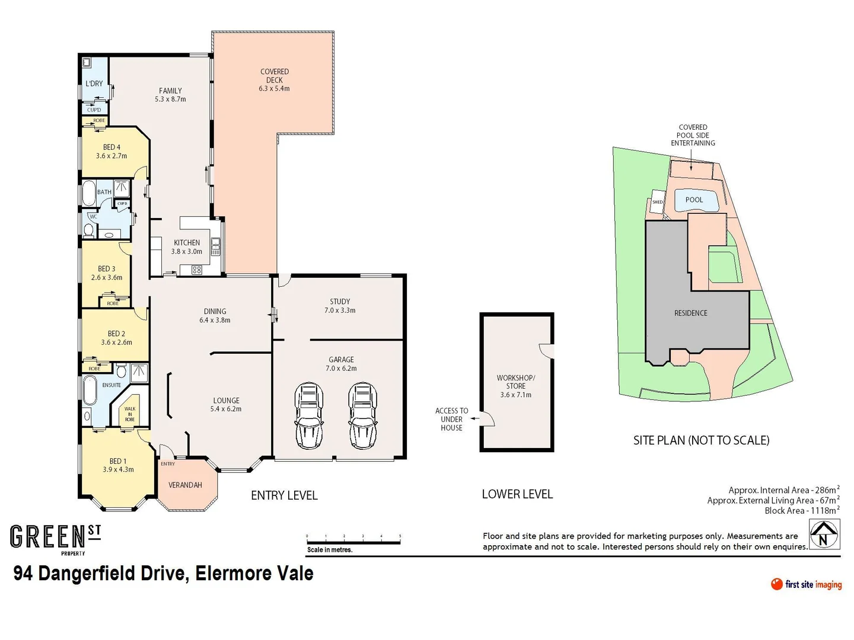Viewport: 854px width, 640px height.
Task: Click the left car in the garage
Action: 309,415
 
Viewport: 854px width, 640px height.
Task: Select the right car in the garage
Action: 362,415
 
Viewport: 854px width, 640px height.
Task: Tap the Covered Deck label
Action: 275,80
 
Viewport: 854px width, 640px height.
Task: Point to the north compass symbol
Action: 824,535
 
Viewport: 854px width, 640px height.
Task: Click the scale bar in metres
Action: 353,538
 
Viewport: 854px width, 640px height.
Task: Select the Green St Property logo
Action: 55,539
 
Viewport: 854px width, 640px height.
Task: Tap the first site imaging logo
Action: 806,584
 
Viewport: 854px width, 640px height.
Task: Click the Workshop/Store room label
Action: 515,386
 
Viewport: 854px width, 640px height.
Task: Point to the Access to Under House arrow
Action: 474,419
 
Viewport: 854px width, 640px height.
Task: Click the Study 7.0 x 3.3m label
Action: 340,306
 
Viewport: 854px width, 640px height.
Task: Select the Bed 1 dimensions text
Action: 118,469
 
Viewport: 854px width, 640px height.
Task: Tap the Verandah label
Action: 185,485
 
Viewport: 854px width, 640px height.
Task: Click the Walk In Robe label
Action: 129,414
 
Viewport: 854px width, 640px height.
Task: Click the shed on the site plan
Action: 658,201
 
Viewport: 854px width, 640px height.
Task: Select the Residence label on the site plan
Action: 690,313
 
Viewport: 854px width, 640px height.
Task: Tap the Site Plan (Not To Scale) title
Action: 701,440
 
